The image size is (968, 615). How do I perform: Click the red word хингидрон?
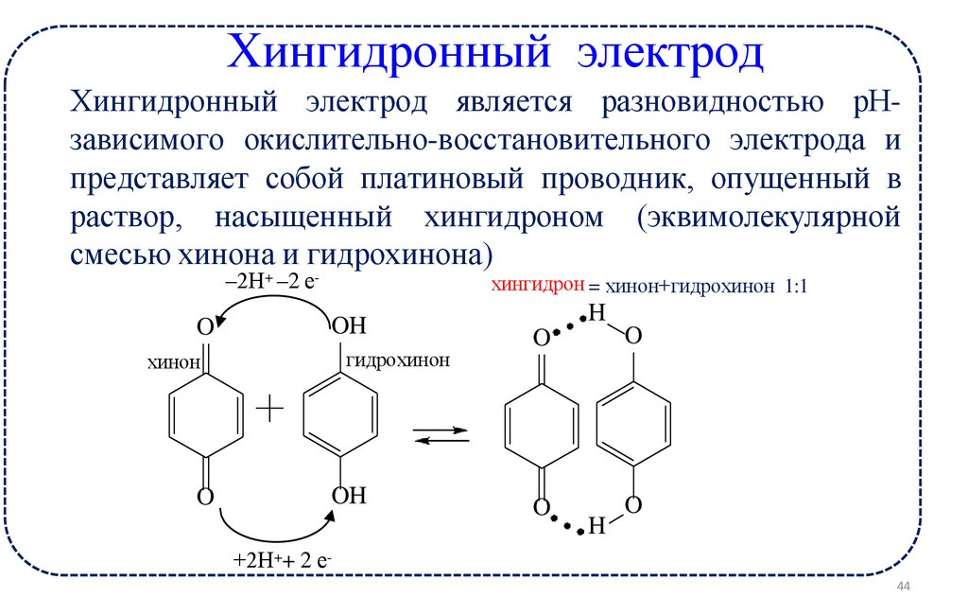(535, 285)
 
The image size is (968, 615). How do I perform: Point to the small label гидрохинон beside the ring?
(398, 360)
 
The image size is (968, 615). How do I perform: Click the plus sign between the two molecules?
(270, 409)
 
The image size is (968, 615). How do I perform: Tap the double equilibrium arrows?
(441, 434)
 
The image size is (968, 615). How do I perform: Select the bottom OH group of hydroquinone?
(347, 496)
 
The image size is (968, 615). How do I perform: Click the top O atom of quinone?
(205, 327)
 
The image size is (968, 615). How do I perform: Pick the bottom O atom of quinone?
(205, 496)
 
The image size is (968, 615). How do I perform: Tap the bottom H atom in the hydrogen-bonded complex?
(596, 526)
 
